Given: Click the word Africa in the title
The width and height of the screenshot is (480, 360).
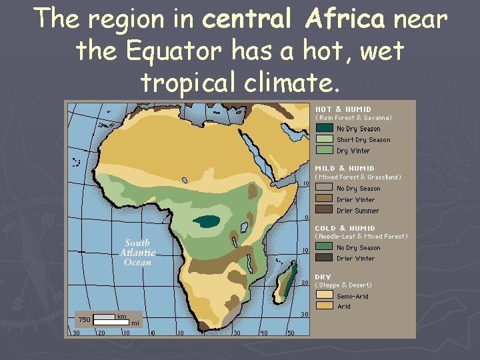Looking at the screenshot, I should tap(345, 20).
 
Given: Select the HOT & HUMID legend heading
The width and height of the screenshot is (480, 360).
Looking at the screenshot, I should tap(343, 109).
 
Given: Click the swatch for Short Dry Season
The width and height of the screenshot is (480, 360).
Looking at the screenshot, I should tap(325, 139).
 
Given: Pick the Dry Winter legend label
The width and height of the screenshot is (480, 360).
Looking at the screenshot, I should tap(353, 151).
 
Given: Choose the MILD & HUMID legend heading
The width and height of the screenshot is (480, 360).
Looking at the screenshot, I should tap(345, 168).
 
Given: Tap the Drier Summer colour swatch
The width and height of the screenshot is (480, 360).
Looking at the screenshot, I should tap(325, 210).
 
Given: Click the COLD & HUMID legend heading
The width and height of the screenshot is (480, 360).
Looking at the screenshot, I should tap(345, 228).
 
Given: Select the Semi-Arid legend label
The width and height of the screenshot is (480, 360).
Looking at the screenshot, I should tap(353, 296).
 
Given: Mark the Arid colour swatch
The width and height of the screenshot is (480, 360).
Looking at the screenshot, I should tap(325, 305).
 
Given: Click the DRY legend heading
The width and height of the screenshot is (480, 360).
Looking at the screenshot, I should tap(323, 277).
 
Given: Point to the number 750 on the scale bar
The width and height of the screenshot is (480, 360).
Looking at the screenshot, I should tap(85, 319).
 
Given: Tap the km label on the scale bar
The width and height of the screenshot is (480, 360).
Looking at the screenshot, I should tap(123, 316).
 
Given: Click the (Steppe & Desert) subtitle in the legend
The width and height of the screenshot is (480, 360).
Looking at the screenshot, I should tap(343, 285).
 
